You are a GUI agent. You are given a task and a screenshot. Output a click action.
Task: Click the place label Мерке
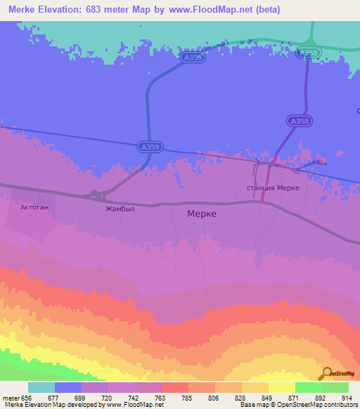[x=202, y=214]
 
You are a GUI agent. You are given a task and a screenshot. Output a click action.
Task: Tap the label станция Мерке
[x=274, y=188]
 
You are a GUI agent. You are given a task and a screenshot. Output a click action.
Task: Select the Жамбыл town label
[x=119, y=209]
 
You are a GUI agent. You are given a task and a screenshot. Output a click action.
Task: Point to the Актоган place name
[x=34, y=208]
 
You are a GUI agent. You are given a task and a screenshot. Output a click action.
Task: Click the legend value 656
[x=27, y=397]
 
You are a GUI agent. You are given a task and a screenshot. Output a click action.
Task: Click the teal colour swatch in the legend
[x=41, y=387]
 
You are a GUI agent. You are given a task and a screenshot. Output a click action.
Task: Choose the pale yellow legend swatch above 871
[x=281, y=387]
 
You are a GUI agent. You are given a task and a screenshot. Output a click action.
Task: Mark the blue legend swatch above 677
[x=68, y=387]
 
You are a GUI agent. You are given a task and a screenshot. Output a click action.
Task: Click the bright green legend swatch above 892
[x=308, y=387]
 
